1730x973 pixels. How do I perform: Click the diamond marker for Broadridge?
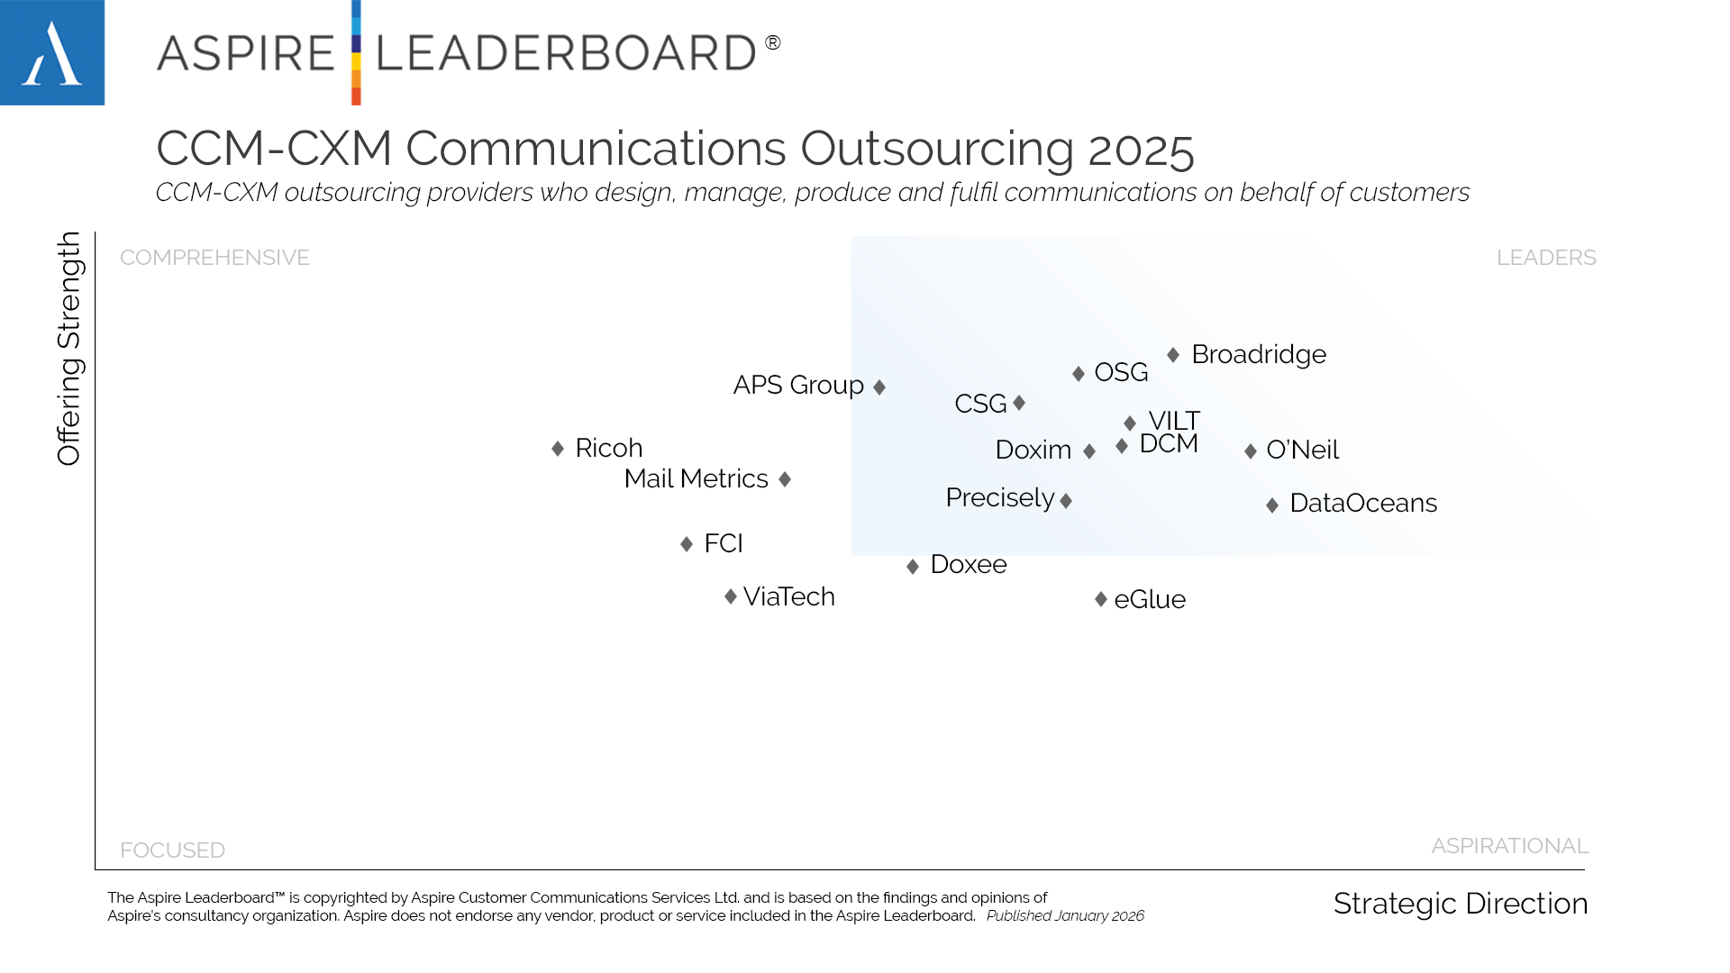coord(1173,355)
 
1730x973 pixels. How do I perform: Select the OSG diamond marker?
coord(1079,373)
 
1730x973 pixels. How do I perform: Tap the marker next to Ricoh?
coord(558,449)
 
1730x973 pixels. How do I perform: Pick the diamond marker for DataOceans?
coord(1272,505)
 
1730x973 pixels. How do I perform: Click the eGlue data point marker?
coord(1101,599)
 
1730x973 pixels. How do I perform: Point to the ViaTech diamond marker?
coord(731,596)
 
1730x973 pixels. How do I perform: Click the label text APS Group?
coord(798,386)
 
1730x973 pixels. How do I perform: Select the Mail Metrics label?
coord(696,479)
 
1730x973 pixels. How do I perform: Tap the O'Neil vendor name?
coord(1302,450)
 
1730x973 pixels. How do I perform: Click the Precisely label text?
coord(999,498)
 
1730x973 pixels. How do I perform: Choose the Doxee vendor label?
coord(968,565)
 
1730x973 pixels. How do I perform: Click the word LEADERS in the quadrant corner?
coord(1546,258)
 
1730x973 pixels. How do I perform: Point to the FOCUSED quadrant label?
coord(172,850)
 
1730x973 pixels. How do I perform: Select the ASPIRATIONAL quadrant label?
coord(1509,846)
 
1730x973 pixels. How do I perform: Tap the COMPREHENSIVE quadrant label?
coord(214,258)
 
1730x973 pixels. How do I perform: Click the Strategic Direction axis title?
coord(1460,904)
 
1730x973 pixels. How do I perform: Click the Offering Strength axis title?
coord(69,349)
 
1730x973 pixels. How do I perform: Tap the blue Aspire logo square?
coord(52,52)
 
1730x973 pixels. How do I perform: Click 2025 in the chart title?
coord(1141,149)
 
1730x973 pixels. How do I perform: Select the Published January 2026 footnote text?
coord(1065,916)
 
